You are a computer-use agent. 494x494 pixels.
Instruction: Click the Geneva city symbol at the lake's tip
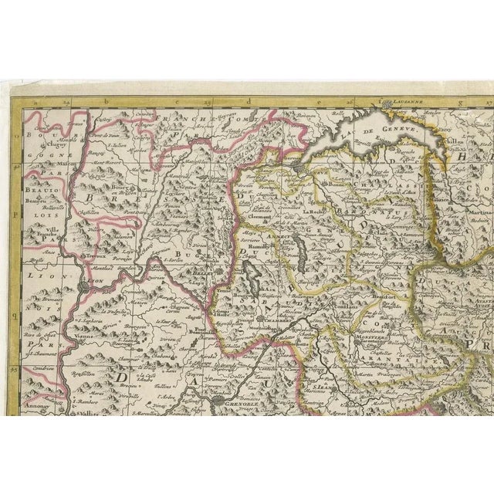296,164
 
